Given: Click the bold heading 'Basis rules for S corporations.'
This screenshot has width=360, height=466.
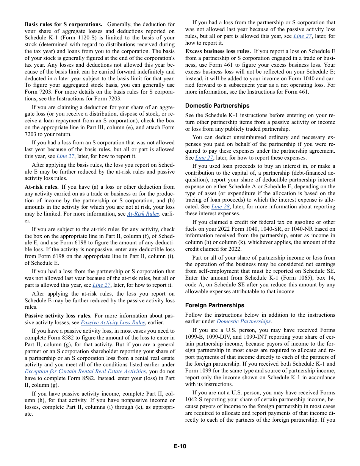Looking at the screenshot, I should (63, 24).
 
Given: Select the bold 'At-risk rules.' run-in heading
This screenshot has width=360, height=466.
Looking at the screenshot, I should (42, 187).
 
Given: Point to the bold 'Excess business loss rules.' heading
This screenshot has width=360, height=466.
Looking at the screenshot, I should (218, 51).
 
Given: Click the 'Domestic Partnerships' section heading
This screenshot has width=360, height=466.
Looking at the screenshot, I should (217, 106).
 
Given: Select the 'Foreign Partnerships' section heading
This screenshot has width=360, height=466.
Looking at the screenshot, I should (214, 305).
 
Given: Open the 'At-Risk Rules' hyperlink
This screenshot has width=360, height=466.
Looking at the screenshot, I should (143, 214).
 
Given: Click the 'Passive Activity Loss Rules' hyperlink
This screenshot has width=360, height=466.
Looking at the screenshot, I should (113, 322).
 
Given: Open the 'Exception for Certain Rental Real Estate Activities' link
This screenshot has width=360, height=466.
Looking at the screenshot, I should (85, 371).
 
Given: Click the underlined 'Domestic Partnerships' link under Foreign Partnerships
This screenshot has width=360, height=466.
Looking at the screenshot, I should (243, 321).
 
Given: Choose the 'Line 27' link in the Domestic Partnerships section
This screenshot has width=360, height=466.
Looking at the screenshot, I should (204, 158).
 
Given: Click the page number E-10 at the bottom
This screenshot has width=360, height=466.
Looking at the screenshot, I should (180, 446).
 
